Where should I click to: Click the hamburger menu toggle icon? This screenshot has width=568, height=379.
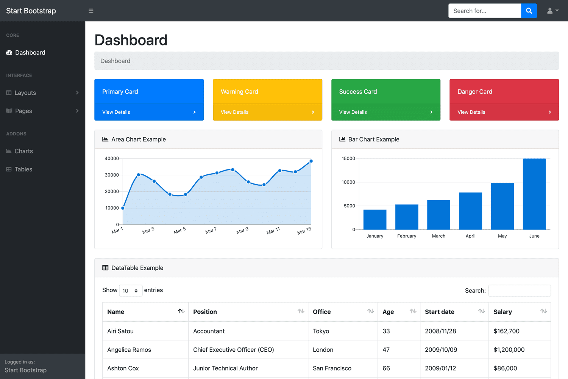[91, 11]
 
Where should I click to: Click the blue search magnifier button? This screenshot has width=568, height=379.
[529, 11]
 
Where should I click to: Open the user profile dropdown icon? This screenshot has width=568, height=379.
[552, 11]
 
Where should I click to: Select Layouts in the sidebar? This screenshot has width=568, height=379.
[25, 93]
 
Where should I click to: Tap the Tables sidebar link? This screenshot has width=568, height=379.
[23, 169]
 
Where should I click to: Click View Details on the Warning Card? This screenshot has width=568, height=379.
[235, 112]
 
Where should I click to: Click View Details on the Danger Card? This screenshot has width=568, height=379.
[471, 112]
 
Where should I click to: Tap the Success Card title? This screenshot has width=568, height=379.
[358, 92]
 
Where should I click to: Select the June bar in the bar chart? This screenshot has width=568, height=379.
[534, 194]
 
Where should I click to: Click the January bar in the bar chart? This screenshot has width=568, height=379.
[375, 219]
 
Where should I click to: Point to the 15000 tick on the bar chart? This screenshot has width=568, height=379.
[348, 158]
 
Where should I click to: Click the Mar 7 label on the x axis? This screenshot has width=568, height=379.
[211, 230]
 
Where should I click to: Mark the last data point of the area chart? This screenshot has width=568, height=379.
[311, 161]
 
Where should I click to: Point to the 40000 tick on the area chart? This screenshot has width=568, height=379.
[112, 158]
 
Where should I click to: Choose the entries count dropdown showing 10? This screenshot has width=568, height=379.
[131, 291]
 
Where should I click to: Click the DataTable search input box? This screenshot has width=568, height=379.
[520, 291]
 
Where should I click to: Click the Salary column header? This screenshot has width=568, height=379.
[503, 312]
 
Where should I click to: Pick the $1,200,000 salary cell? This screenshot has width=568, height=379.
[509, 350]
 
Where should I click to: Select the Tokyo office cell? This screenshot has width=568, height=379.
[321, 331]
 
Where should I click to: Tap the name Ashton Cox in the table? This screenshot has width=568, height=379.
[123, 368]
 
